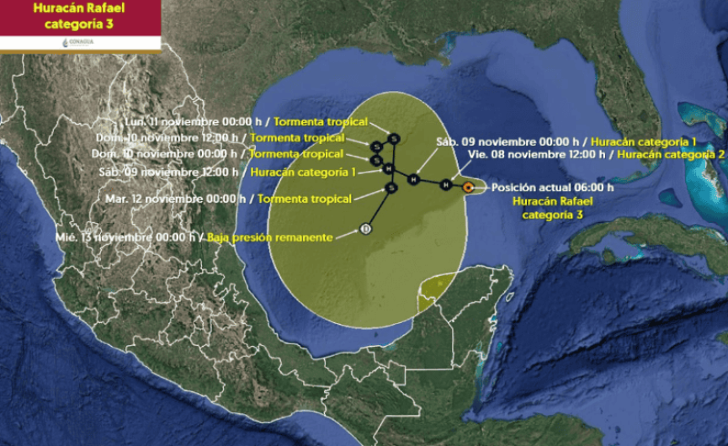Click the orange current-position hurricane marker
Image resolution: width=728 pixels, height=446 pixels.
[468, 187]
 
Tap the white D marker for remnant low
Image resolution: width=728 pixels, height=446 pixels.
[365, 228]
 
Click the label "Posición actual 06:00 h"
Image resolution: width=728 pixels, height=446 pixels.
[552, 188]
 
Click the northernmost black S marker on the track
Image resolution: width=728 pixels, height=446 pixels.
[393, 138]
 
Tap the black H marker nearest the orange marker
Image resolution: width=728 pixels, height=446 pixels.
[445, 184]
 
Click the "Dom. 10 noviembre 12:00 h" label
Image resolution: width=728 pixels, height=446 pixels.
[168, 137]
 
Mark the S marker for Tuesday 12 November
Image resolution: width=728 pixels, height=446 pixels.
[391, 188]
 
